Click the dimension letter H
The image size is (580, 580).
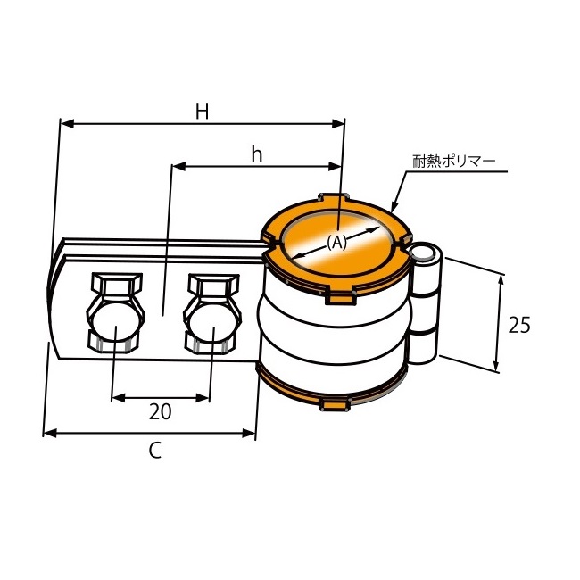coord(203,111)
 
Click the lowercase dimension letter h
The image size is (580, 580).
coord(257,153)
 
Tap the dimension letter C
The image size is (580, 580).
coord(155,450)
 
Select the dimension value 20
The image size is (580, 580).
coord(160,411)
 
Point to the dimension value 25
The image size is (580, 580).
coord(519,325)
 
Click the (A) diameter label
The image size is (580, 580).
coord(336,243)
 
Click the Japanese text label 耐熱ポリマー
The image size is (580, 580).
coord(453,162)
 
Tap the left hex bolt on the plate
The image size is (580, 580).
coord(115,313)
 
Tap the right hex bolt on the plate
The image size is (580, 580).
coord(212,314)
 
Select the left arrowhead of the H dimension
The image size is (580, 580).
coord(67,124)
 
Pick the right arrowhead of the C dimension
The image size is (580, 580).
coord(249,433)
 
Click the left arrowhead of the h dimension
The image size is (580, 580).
coord(179,167)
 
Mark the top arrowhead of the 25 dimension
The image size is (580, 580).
coord(501,281)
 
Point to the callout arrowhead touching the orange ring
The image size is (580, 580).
coord(394,206)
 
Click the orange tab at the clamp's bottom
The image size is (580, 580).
coord(335,405)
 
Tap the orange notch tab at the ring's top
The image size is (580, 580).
coord(334,197)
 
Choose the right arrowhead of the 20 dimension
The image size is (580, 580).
coord(203,398)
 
